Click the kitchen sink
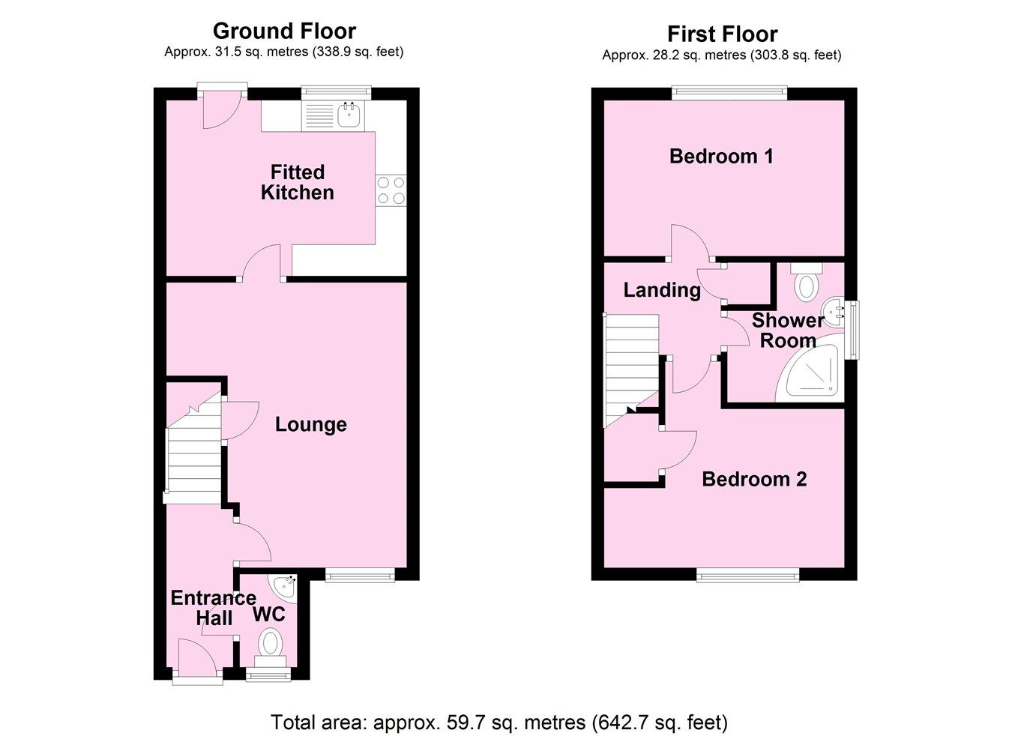tap(349, 115)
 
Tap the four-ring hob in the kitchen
tap(391, 190)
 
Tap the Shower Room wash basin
tap(834, 310)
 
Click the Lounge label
tap(310, 424)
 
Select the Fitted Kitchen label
tap(297, 182)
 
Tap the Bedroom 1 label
tap(721, 156)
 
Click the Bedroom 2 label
tap(754, 479)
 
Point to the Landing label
tap(662, 290)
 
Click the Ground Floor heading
tap(284, 31)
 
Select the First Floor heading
tap(722, 34)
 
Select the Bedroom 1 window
tap(729, 93)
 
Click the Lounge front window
tap(360, 575)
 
